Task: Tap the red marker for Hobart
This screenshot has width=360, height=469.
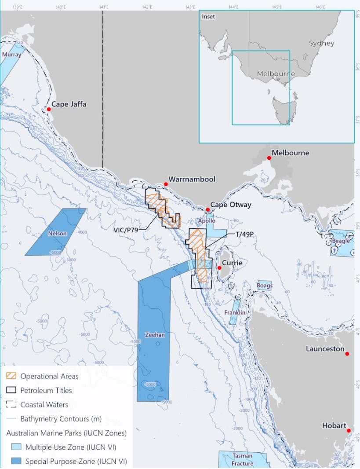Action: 349,431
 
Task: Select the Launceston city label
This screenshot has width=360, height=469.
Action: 325,349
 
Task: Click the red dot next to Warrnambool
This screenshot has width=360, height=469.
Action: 166,184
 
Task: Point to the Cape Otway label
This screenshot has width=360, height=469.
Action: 230,205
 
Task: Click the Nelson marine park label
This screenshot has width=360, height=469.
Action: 57,234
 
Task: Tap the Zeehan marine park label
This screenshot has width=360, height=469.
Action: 155,335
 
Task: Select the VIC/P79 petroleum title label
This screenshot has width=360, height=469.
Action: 126,229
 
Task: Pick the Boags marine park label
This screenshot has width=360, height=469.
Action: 265,286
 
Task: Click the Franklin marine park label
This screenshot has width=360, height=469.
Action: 234,312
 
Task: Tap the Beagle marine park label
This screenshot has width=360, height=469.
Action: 341,241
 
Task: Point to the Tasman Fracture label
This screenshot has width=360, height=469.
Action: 243,460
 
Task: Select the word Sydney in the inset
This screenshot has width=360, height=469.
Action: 321,43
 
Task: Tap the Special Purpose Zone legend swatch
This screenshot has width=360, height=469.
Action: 16,462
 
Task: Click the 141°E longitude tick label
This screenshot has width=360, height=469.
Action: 104,7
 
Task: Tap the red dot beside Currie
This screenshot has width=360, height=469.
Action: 219,267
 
